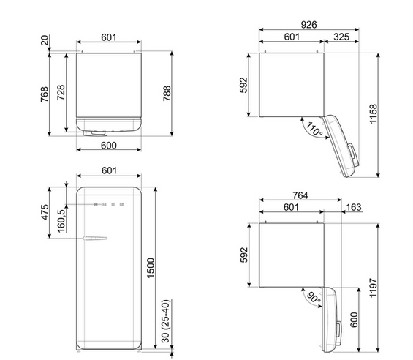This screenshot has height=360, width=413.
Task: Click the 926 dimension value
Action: pos(308,25)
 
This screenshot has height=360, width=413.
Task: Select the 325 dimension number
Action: pos(341,37)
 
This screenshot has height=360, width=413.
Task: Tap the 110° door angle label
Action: pos(314,129)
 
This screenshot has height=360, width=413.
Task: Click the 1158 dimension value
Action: pos(374,113)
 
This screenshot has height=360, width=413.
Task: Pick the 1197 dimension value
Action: pos(374,288)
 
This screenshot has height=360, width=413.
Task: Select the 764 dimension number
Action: pos(300,195)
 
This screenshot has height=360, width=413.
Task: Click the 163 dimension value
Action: pos(354,207)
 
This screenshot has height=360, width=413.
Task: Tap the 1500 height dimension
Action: pos(151,268)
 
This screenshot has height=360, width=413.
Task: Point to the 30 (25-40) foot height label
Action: pos(165,321)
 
